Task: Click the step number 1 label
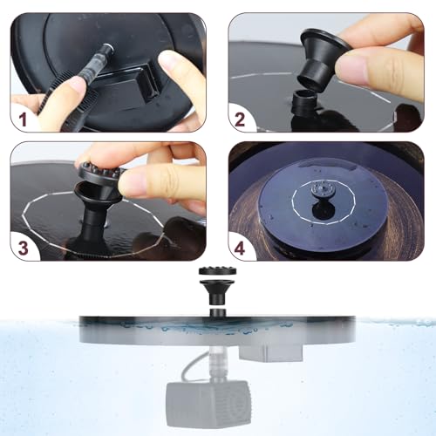[23, 119]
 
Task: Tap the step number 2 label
[240, 119]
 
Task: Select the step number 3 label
[24, 248]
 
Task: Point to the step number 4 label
[240, 248]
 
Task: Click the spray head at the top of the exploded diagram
[217, 271]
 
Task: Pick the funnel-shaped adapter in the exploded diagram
[217, 291]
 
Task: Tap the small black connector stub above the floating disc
[218, 313]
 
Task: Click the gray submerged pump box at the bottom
[208, 404]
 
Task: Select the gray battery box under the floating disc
[270, 352]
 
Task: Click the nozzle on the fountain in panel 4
[322, 190]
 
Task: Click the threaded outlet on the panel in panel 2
[303, 102]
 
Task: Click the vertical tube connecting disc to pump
[215, 364]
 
